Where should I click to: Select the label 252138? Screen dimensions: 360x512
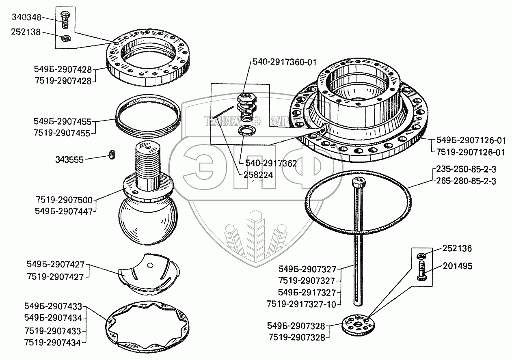26,32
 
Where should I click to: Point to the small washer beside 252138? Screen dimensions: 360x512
65,39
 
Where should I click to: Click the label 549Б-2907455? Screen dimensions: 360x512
63,121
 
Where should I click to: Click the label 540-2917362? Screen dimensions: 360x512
271,164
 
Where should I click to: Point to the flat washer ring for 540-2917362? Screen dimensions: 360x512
246,131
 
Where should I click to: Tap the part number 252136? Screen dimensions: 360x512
458,248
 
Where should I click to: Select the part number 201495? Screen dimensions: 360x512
458,266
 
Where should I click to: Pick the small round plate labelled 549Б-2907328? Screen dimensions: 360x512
356,324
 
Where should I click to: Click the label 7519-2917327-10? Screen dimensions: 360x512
301,304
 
